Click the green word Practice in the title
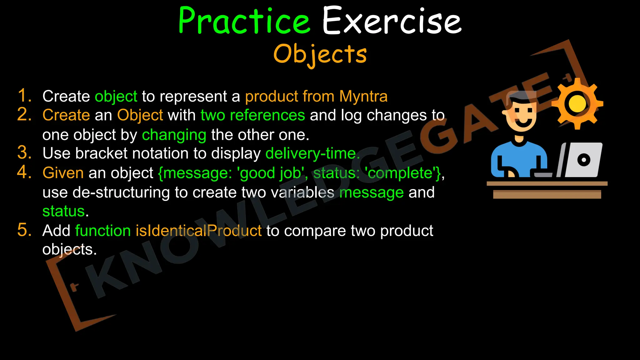244,21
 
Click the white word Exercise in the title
392,21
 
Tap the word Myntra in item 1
363,96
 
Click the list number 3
24,153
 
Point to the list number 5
24,230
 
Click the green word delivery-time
312,153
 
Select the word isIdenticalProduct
198,231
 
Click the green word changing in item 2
174,135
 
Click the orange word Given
63,173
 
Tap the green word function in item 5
103,231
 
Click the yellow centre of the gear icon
577,103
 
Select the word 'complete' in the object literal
402,173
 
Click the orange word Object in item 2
140,115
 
